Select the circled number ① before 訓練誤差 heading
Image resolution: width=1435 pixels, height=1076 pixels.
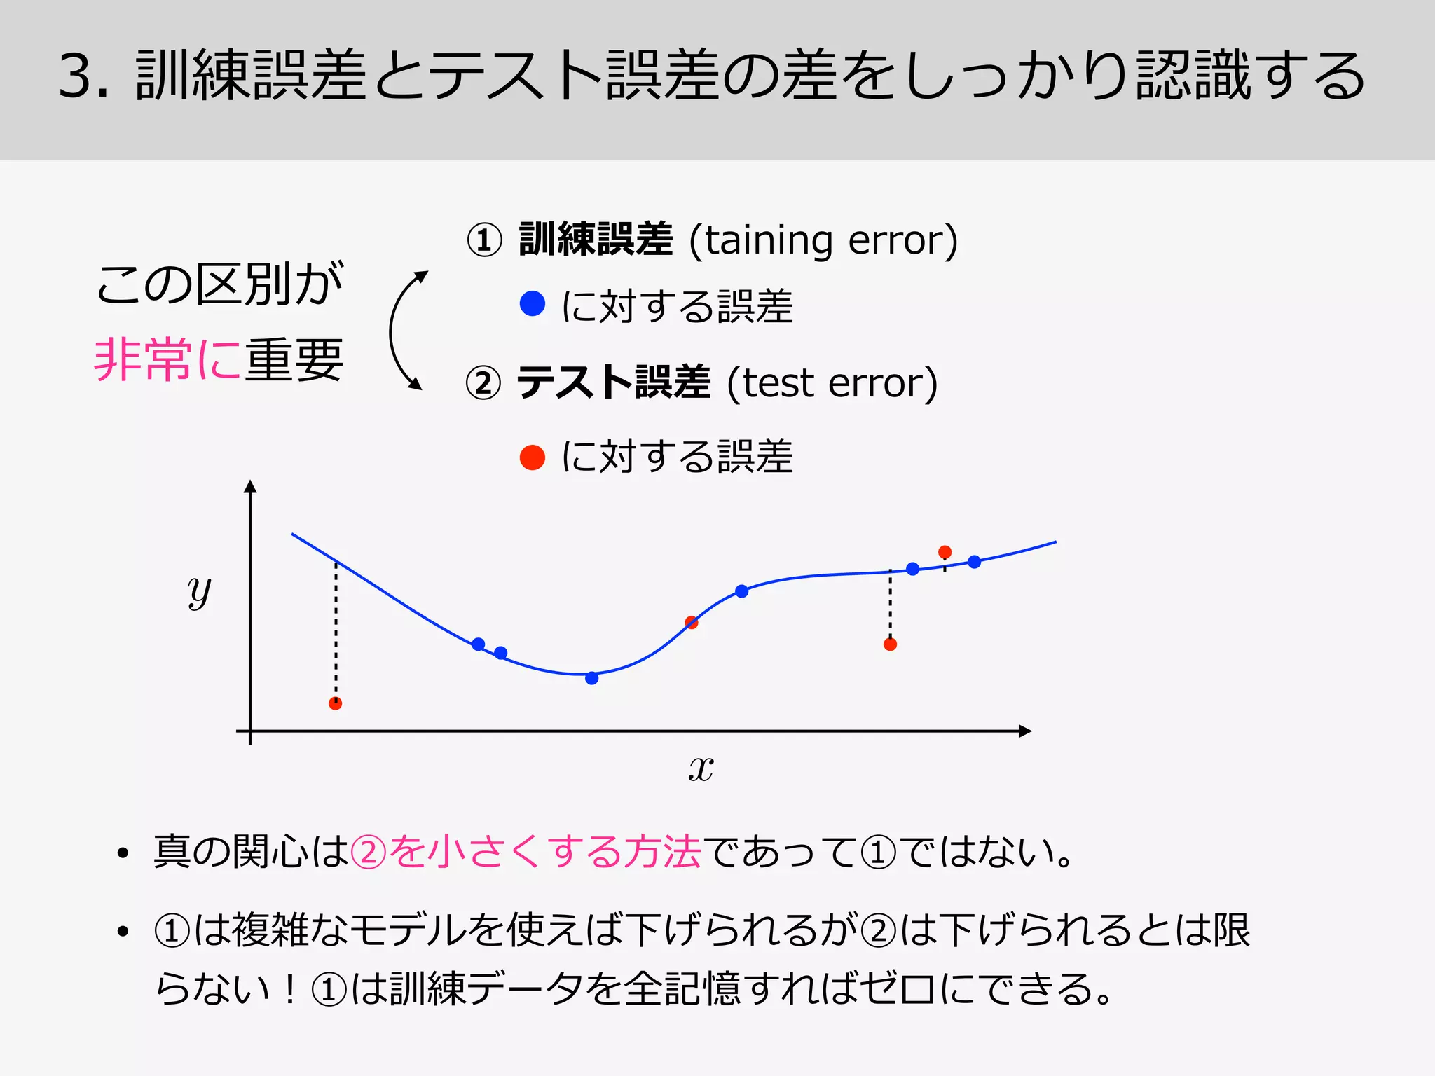[x=484, y=240]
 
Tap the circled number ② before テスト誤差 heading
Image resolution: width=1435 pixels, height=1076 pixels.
[x=483, y=383]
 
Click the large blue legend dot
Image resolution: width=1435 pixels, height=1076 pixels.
[x=533, y=303]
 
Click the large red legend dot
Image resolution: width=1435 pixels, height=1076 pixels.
[x=533, y=457]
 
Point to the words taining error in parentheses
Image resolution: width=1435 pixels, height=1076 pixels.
[x=823, y=240]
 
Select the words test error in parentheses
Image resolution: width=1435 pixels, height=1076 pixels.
[x=832, y=383]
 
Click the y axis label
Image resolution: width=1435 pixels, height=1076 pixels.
[x=199, y=592]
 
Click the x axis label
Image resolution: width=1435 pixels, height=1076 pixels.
[x=701, y=768]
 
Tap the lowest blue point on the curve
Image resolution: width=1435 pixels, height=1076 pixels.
[x=592, y=678]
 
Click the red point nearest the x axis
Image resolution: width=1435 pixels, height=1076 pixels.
[x=336, y=703]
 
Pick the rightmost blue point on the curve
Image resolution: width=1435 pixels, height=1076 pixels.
[x=975, y=561]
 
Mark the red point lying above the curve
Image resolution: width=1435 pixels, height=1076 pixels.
[x=945, y=552]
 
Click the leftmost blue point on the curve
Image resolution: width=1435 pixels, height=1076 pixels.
[x=479, y=644]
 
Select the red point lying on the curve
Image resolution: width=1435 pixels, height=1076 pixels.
[x=692, y=622]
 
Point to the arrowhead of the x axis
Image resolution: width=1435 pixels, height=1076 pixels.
[x=1026, y=731]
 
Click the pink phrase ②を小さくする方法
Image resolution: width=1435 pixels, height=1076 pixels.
[x=526, y=853]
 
